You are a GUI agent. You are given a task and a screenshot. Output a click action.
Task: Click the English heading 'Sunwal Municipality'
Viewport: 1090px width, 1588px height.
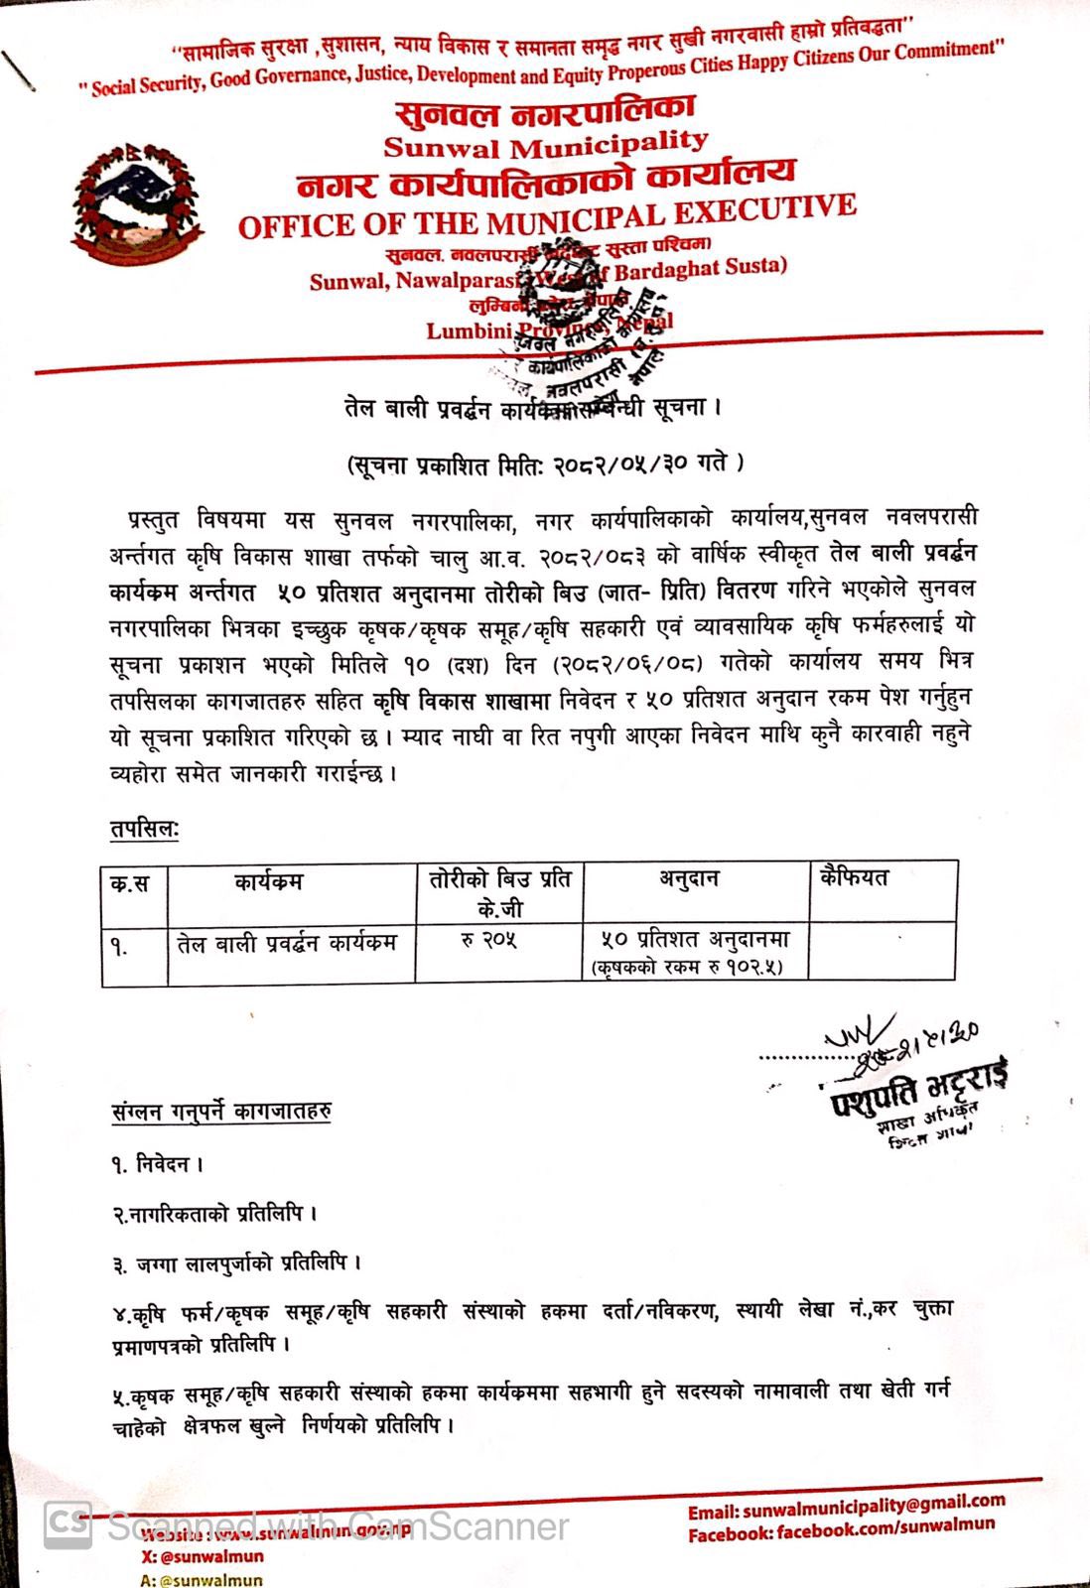point(545,145)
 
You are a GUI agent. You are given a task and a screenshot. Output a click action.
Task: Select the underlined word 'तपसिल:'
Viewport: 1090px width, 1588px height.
point(144,830)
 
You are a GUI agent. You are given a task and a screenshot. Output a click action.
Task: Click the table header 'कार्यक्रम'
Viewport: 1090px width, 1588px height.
point(268,881)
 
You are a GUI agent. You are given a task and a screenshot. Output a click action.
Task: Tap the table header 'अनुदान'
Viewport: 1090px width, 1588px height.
point(689,878)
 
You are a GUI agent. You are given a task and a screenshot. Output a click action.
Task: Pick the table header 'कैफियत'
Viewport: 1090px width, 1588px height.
point(854,877)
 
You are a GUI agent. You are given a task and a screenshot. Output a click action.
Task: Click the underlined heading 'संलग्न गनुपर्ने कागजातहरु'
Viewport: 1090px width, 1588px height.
point(220,1112)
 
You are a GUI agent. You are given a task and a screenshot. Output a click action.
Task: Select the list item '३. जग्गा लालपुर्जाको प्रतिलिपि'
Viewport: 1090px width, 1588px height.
point(235,1263)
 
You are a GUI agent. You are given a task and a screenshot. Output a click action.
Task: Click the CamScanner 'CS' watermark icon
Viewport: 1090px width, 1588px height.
point(68,1523)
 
